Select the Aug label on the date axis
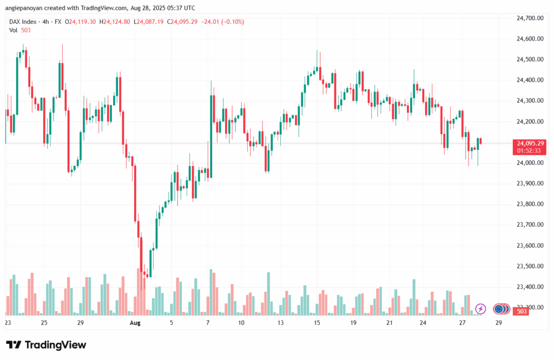pyautogui.click(x=135, y=323)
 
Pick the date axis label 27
pyautogui.click(x=463, y=323)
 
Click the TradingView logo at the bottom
pyautogui.click(x=46, y=345)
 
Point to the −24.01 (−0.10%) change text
pyautogui.click(x=226, y=22)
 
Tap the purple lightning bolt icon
pyautogui.click(x=480, y=309)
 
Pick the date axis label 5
pyautogui.click(x=172, y=323)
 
